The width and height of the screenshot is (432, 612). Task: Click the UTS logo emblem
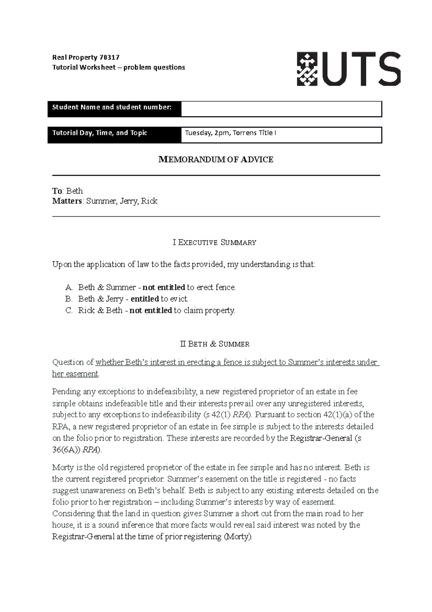coord(307,69)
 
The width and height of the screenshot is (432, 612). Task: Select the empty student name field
coord(281,109)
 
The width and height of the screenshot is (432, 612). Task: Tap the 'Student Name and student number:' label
coord(112,107)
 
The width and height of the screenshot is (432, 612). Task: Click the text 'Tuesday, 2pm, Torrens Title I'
coord(230,133)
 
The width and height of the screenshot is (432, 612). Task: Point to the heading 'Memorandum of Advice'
coord(216,160)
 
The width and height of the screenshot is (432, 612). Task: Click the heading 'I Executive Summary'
coord(215,243)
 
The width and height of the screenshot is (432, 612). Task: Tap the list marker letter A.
coord(69,288)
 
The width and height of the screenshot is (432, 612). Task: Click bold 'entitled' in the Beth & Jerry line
coord(145,299)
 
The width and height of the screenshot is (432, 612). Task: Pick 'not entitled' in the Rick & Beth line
coord(150,311)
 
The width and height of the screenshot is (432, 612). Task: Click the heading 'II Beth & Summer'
coord(215,344)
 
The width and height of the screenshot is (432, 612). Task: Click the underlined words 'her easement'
coord(75,374)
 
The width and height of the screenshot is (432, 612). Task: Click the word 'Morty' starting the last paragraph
coord(62,468)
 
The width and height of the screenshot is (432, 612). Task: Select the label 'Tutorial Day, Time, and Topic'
coord(100,133)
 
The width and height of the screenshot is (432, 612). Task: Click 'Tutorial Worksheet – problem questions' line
coord(118,67)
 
